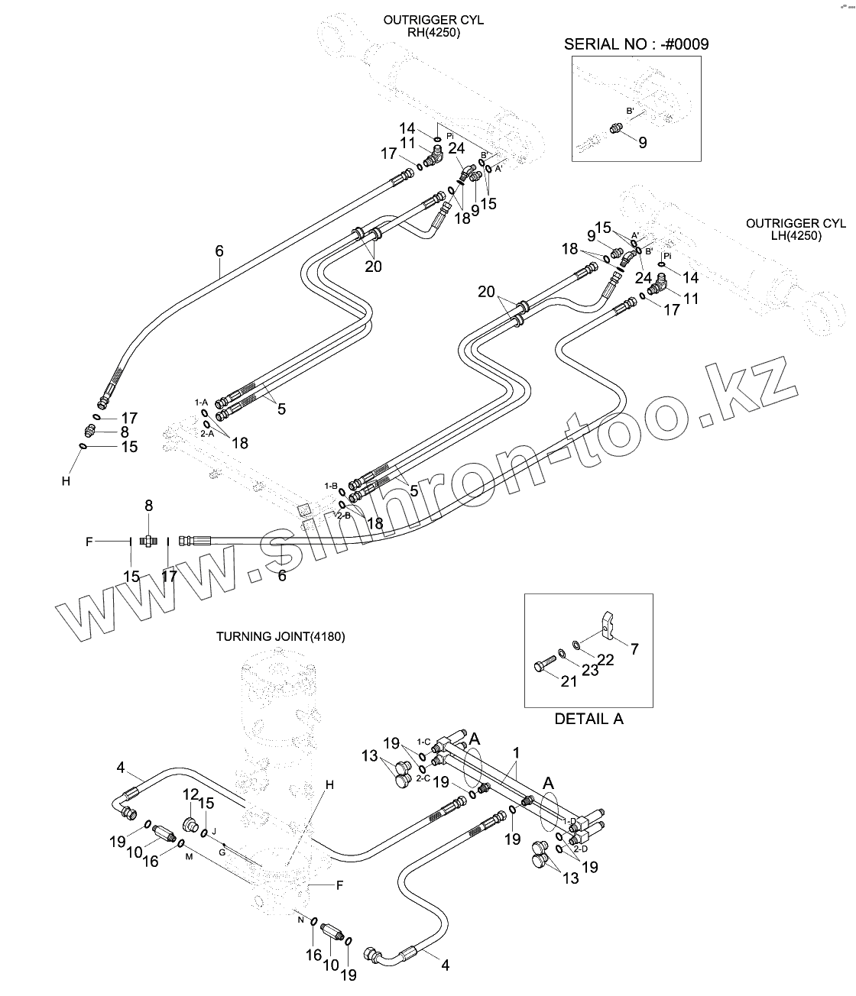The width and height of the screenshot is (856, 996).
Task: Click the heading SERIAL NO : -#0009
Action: (636, 44)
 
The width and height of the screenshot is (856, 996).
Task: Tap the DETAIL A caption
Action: (588, 719)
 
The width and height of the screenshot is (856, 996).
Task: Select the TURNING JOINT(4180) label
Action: (280, 635)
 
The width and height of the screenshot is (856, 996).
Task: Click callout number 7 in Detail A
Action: (634, 649)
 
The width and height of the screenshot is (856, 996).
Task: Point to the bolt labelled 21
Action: (543, 665)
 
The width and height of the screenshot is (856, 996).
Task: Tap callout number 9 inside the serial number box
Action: (642, 142)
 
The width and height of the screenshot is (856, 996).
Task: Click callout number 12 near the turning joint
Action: (190, 795)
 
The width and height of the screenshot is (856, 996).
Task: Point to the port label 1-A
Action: (201, 402)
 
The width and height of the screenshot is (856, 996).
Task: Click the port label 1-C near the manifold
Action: (423, 742)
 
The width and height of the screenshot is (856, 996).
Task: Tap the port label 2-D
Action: (582, 849)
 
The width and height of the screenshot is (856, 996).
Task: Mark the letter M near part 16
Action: (188, 856)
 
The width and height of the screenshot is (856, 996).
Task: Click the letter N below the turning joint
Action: (300, 920)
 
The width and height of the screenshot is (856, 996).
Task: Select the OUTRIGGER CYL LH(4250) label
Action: (796, 229)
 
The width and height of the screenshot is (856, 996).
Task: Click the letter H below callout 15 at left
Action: (66, 481)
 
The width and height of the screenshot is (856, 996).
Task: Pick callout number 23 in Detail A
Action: (589, 671)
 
